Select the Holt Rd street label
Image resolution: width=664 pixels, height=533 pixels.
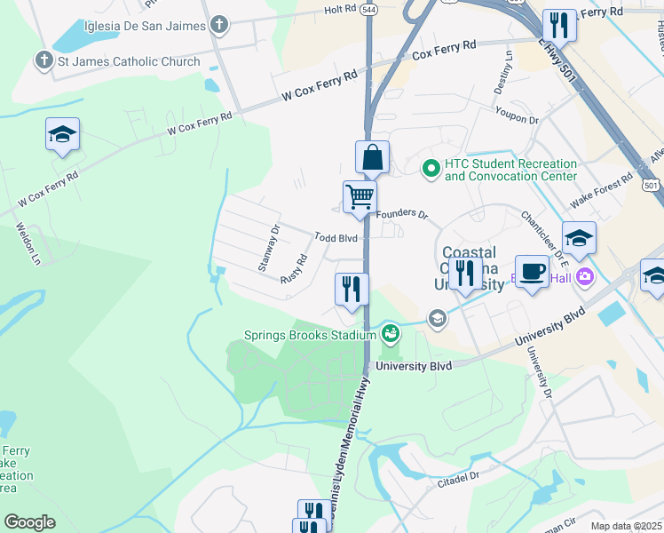pos(339,9)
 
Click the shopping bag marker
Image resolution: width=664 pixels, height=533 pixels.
pos(373,158)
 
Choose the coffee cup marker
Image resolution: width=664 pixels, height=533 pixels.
pos(532,272)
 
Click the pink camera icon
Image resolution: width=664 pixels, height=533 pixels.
pos(584,276)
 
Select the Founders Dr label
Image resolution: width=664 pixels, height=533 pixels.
pos(401,215)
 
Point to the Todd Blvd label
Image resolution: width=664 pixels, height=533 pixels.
pos(336,238)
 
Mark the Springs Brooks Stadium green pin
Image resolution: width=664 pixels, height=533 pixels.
pos(390,334)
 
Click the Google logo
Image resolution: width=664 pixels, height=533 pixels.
pos(29,521)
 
